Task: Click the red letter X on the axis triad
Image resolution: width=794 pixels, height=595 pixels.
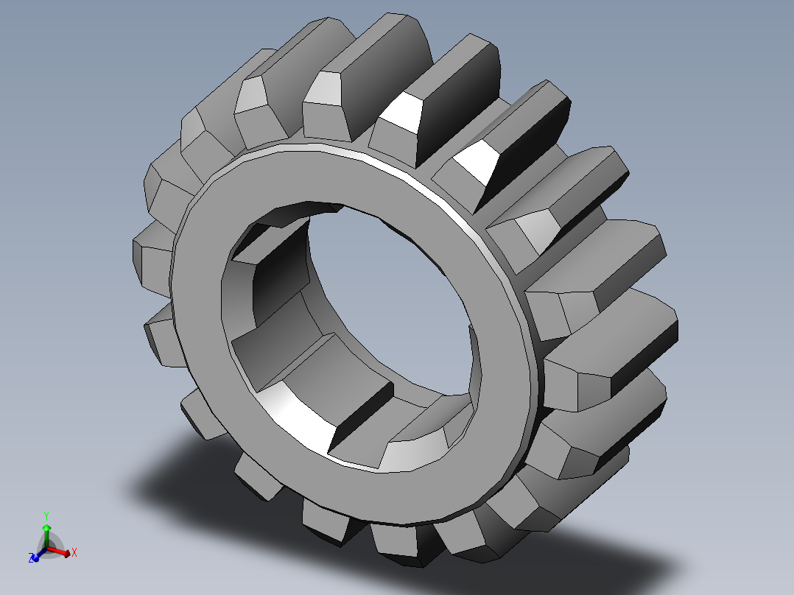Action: [74, 552]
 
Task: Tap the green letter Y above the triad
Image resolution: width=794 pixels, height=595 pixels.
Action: [46, 515]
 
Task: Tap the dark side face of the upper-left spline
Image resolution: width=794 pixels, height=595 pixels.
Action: [280, 265]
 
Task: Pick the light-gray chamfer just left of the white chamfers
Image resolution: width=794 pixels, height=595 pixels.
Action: [323, 88]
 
